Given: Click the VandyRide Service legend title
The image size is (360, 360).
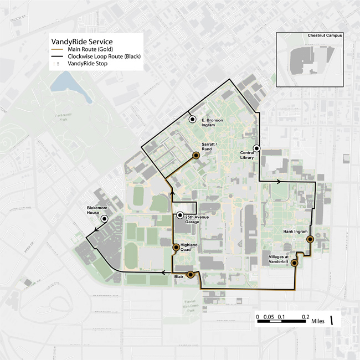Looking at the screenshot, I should click(82, 42).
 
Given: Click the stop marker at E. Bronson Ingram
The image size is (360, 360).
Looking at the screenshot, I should click(192, 119).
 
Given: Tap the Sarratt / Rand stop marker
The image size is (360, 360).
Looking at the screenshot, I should click(196, 156).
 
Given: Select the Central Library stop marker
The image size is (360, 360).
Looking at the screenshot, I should click(256, 148).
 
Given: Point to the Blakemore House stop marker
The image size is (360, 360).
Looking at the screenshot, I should click(104, 219).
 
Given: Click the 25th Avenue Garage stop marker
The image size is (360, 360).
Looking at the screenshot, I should click(179, 215).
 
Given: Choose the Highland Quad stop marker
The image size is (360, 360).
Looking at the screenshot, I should click(176, 248).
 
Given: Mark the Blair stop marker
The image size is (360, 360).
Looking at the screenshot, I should click(191, 274).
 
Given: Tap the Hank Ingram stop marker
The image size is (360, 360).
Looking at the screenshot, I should click(310, 239).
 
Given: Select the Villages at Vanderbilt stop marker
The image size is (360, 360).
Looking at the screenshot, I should click(294, 264).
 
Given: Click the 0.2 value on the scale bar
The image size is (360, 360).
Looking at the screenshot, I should click(305, 316).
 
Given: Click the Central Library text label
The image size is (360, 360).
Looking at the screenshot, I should click(247, 155).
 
